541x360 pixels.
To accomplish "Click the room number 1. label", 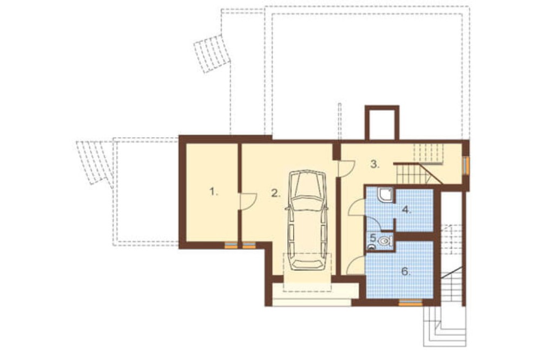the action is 214,191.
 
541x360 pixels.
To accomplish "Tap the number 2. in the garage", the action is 276,194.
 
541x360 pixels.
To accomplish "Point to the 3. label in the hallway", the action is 375,164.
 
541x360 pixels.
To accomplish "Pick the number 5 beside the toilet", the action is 372,238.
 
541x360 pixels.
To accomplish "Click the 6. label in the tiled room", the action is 406,271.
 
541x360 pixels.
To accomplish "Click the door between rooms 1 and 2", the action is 248,201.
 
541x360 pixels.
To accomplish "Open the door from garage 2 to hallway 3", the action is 346,169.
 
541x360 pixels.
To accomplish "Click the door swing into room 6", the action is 355,265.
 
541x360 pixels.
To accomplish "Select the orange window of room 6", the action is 410,303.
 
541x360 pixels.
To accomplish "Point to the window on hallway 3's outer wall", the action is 466,166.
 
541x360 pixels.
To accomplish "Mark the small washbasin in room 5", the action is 371,246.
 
